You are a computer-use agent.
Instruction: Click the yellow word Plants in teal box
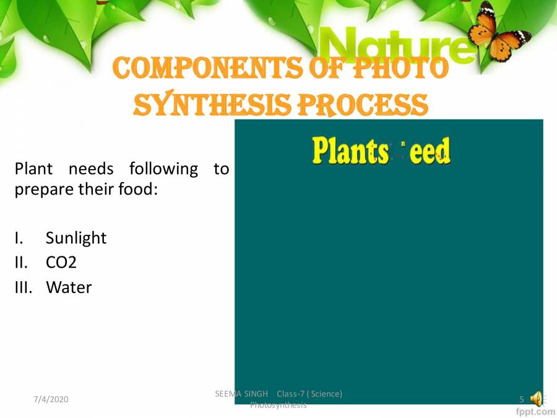(x=350, y=150)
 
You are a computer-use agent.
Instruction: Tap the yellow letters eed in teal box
(x=430, y=151)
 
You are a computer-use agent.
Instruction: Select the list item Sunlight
(x=76, y=238)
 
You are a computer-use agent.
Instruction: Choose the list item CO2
(x=61, y=263)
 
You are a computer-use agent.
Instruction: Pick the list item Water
(x=69, y=287)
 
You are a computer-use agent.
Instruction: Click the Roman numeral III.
(x=22, y=287)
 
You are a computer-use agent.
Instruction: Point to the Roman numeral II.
(x=20, y=263)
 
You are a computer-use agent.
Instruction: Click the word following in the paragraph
(x=163, y=168)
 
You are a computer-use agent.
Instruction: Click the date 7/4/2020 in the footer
(x=51, y=399)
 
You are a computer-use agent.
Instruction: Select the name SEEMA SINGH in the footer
(x=241, y=394)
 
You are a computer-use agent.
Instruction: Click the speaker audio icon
(x=536, y=399)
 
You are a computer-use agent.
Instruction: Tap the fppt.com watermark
(x=535, y=411)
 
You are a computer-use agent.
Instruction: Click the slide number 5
(x=522, y=399)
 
